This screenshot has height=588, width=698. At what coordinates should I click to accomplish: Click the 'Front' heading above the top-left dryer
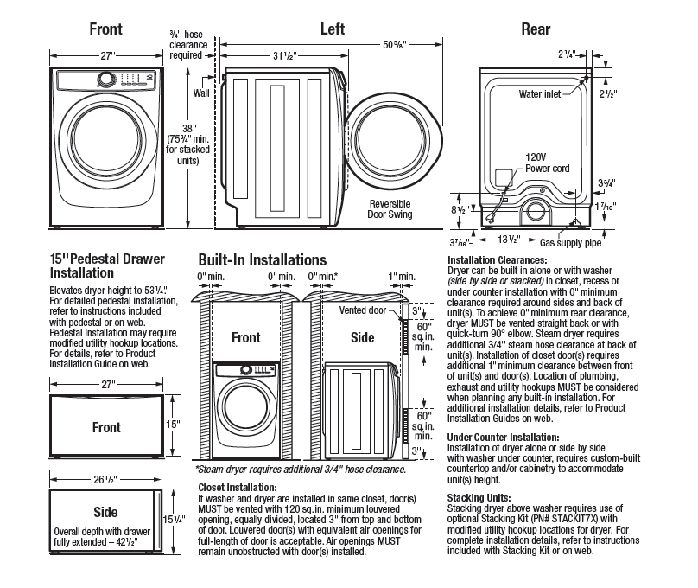105,29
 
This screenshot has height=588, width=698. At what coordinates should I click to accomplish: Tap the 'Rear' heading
536,29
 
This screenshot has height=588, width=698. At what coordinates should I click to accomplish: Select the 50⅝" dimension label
395,45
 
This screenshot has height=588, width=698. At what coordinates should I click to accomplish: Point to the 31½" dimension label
284,55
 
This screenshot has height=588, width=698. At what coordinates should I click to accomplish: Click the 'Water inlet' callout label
540,94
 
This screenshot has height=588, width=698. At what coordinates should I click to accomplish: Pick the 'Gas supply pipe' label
570,243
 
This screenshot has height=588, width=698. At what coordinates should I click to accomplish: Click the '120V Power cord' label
547,163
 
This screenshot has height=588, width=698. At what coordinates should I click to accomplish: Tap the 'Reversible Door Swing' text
390,209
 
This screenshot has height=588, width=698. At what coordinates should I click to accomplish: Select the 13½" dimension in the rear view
509,240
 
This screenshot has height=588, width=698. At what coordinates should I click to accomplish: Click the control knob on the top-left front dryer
106,80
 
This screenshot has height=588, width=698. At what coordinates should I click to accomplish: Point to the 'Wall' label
201,93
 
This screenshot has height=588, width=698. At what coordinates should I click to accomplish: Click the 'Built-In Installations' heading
263,259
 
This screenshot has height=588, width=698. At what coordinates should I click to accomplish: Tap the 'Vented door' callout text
362,310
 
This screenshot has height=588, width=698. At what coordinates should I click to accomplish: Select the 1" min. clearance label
402,277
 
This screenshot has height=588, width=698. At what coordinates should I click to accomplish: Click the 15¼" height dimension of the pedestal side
174,520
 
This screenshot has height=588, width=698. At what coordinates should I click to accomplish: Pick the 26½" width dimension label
105,480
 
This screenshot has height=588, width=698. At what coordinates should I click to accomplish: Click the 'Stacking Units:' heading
479,497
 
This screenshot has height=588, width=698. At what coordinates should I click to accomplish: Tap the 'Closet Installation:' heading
238,488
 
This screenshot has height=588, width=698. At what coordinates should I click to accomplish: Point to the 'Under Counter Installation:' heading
503,437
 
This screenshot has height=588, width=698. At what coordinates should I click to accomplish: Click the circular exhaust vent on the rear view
536,212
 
